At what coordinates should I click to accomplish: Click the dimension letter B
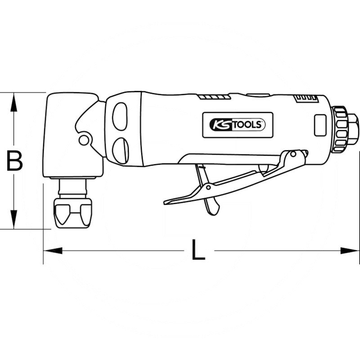[x=15, y=161]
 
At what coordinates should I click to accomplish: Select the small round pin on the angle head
[x=83, y=140]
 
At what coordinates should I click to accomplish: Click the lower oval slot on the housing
[x=120, y=148]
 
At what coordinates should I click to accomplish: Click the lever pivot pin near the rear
[x=293, y=155]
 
